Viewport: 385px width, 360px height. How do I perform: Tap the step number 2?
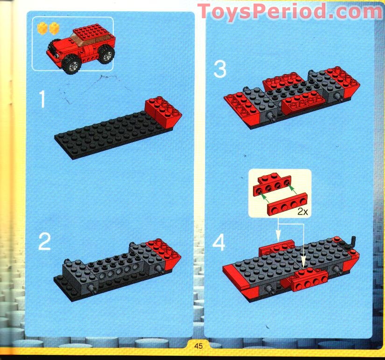(x=44, y=242)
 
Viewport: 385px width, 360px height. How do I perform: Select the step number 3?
(x=220, y=70)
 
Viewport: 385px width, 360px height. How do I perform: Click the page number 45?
(x=199, y=346)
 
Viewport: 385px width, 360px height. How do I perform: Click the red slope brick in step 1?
(x=163, y=112)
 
